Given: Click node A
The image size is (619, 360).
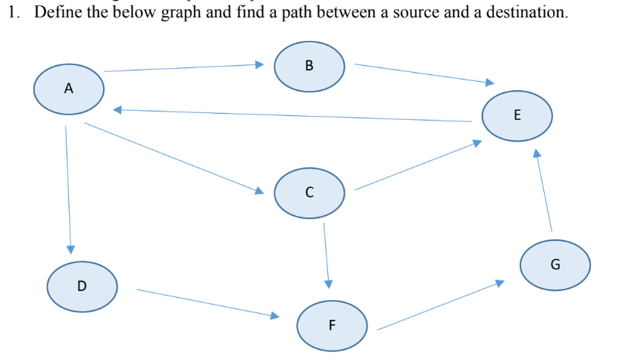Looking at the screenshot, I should (69, 88).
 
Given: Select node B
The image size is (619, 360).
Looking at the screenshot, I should (309, 65).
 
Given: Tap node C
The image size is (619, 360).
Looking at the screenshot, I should (309, 192).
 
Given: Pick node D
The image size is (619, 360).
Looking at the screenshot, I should (82, 286).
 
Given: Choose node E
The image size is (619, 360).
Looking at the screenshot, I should (517, 116).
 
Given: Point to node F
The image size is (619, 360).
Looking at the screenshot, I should (332, 326).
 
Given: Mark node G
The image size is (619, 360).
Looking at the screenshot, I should (555, 265).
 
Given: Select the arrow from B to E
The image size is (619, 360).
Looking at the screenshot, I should (424, 74).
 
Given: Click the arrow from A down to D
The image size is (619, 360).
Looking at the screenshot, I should (68, 189).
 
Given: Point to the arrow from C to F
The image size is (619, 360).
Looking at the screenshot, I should (327, 254).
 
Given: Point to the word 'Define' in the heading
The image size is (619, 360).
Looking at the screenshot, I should (55, 13).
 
